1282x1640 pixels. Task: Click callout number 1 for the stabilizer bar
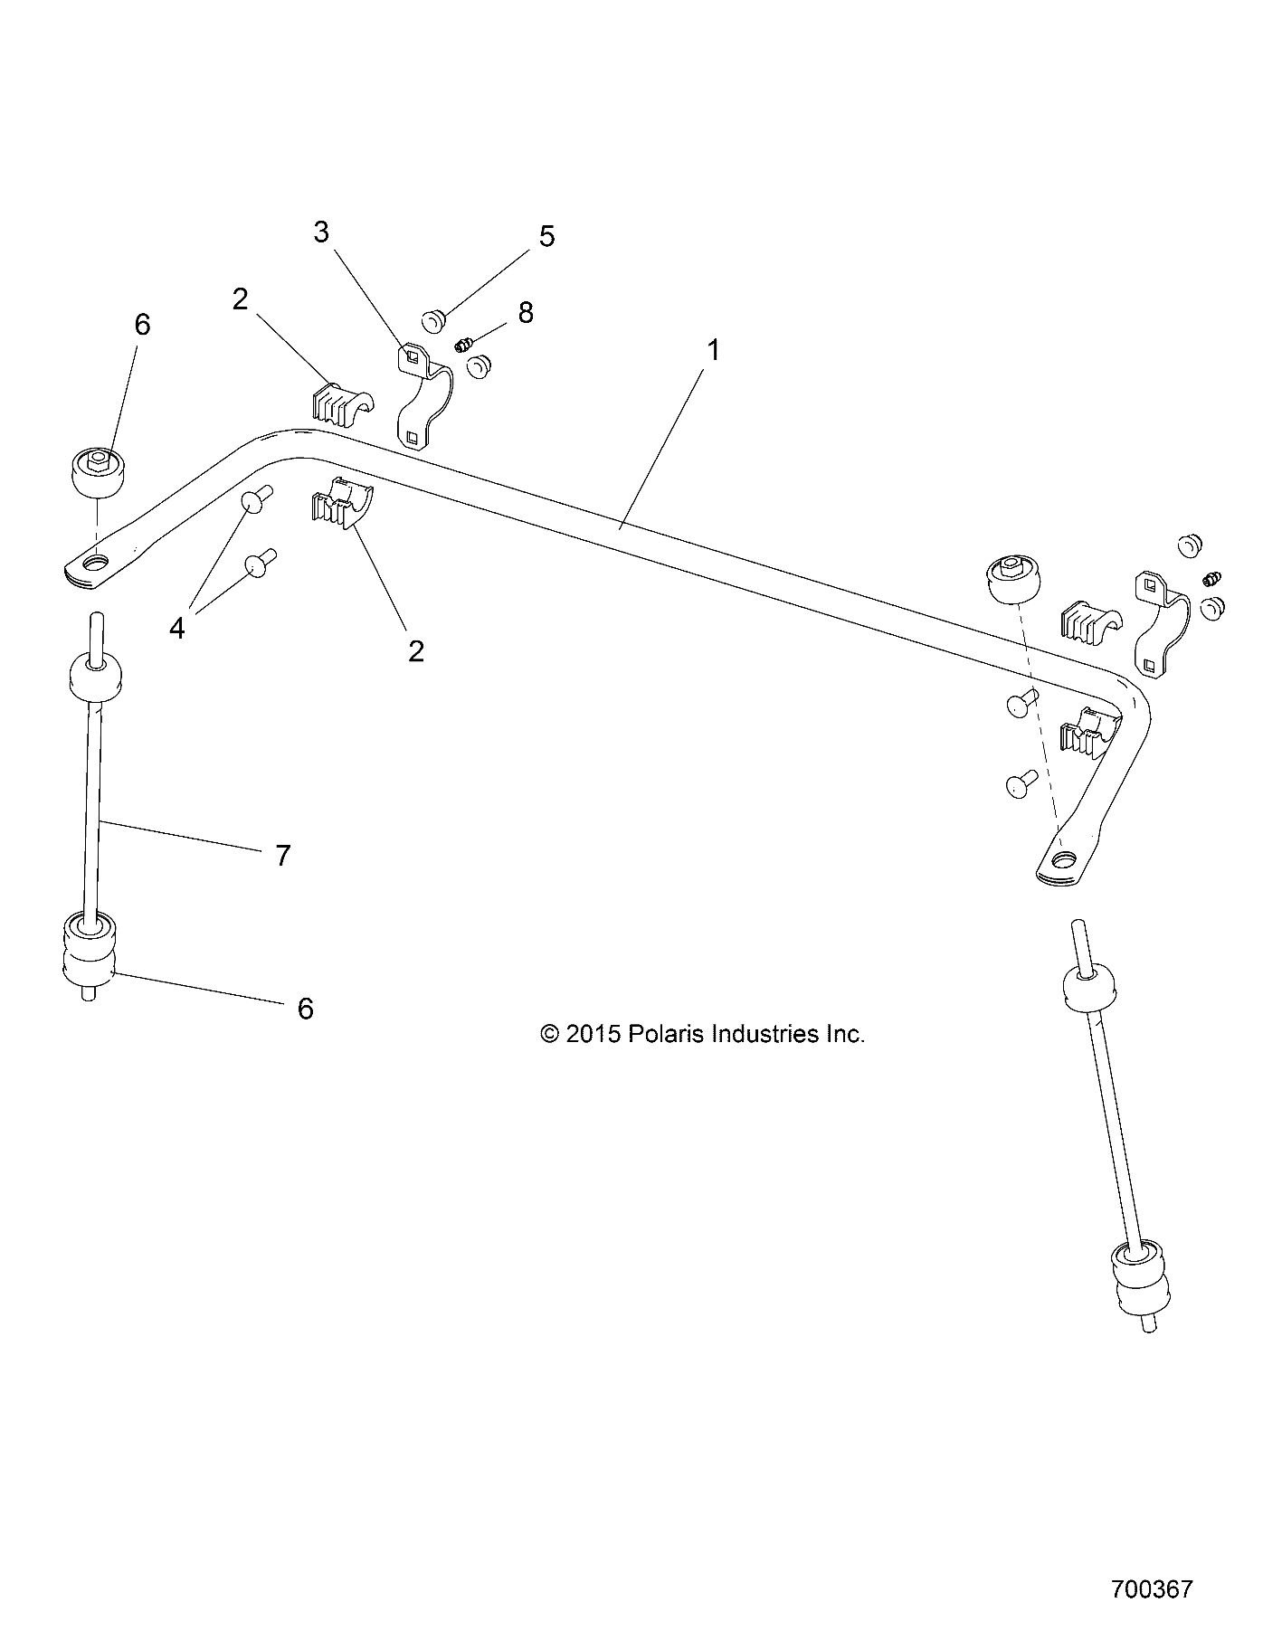click(713, 350)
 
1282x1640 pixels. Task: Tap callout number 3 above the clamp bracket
click(321, 232)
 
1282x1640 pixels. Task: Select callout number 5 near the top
click(546, 236)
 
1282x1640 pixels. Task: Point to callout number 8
click(525, 312)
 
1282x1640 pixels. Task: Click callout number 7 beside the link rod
click(282, 855)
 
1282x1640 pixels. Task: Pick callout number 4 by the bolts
click(177, 628)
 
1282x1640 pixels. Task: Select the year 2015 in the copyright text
click(593, 1034)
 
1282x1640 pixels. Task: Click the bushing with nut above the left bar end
click(98, 472)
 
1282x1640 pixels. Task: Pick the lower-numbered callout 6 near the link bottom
click(305, 1008)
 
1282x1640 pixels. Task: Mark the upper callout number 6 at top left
click(142, 324)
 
